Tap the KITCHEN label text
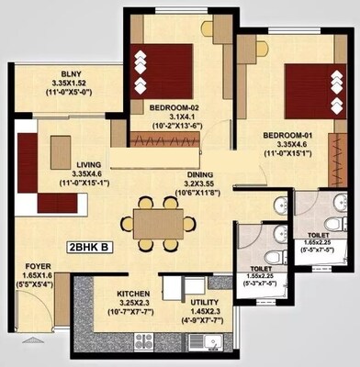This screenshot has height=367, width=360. pyautogui.click(x=134, y=295)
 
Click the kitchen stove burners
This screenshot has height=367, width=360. pyautogui.click(x=144, y=342)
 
